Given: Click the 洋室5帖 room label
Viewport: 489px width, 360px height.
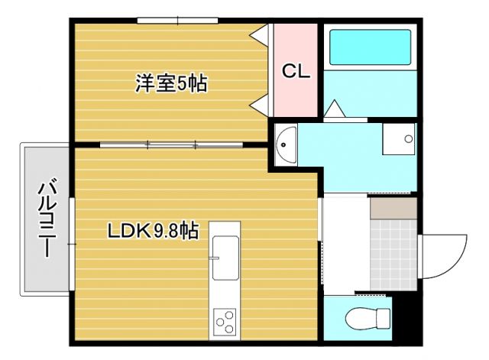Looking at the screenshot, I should (x=172, y=83).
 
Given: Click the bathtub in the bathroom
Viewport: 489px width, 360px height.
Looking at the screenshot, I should (x=369, y=47).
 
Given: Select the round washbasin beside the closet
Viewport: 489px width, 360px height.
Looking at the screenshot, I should (x=286, y=142).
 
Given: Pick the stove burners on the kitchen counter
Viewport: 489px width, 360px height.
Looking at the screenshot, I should (x=225, y=319).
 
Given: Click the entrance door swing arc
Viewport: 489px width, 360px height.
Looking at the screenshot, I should (x=446, y=256).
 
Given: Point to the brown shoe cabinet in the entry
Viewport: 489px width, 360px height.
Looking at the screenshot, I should (x=393, y=207).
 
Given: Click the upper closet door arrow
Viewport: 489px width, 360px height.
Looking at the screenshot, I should (x=261, y=35).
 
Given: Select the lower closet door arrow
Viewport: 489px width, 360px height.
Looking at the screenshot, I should (x=261, y=100).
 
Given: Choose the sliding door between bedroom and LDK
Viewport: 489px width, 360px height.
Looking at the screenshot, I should (x=170, y=144).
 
